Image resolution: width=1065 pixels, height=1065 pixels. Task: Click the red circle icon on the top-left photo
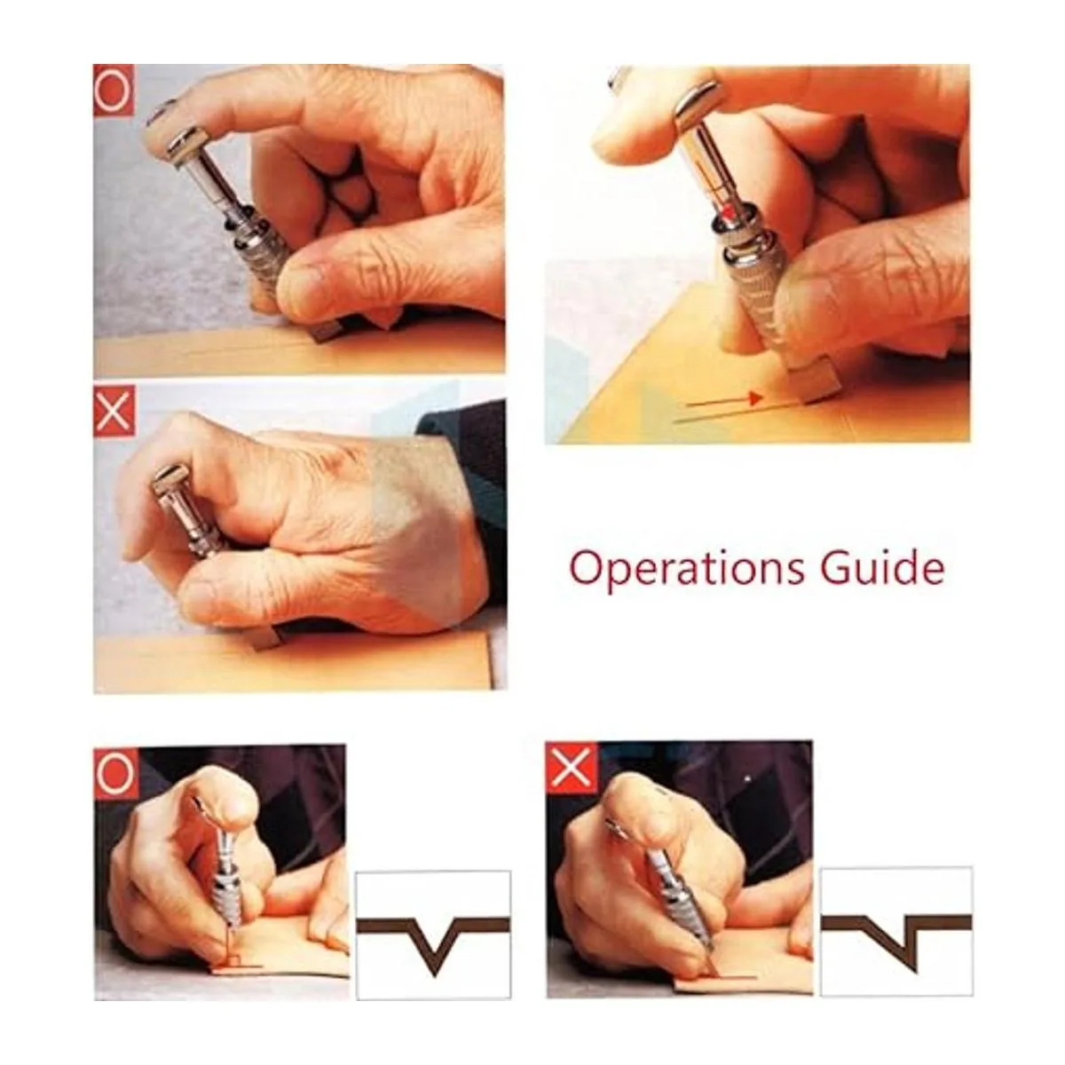(114, 91)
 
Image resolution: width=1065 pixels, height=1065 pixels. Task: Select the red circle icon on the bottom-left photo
(115, 773)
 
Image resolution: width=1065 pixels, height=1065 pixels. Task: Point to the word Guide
(882, 568)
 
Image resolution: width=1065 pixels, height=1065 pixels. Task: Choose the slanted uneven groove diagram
(895, 931)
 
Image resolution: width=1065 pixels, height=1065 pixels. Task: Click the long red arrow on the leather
(724, 400)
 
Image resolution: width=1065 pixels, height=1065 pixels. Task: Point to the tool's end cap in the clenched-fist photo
(170, 481)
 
